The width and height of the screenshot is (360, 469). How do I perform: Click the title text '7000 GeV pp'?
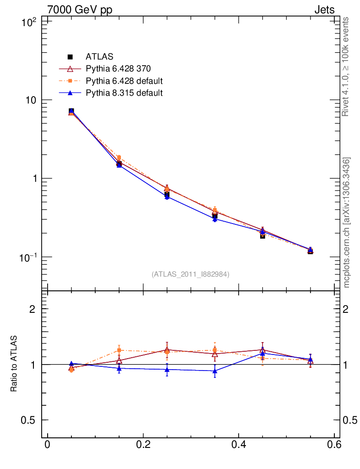tap(80, 10)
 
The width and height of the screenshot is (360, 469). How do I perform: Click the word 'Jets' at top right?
tap(324, 10)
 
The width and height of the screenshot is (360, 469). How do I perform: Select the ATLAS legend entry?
tap(96, 57)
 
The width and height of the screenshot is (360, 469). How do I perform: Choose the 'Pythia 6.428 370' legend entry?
tap(118, 69)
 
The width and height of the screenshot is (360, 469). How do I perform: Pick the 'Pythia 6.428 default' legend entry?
tap(124, 81)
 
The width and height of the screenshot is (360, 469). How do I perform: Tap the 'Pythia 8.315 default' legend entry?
tap(124, 93)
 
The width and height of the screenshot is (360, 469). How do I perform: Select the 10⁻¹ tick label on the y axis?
tap(30, 257)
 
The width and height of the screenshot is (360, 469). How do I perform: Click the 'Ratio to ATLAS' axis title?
tap(14, 364)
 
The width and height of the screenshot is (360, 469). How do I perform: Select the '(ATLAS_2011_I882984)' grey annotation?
tap(191, 274)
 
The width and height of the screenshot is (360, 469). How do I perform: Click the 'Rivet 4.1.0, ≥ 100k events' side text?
tap(346, 67)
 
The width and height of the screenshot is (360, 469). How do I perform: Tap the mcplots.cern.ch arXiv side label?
tap(346, 223)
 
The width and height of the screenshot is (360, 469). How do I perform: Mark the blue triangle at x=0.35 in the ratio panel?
tap(215, 371)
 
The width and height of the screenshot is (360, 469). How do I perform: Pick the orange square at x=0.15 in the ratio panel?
tap(119, 350)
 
